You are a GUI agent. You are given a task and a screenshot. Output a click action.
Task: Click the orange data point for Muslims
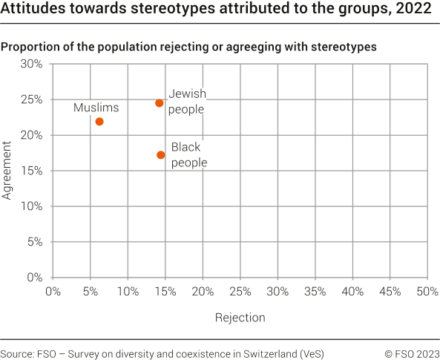(99, 122)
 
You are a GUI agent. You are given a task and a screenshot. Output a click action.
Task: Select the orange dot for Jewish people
(159, 103)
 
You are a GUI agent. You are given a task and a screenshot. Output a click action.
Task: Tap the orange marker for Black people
(161, 154)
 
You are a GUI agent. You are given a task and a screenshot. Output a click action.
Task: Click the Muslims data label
(96, 108)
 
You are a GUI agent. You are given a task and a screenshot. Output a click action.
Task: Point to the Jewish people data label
(187, 102)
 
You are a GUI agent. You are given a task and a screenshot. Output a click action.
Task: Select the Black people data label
(189, 154)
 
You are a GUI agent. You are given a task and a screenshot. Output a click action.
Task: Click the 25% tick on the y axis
(31, 99)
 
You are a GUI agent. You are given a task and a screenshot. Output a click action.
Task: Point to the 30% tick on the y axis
(31, 64)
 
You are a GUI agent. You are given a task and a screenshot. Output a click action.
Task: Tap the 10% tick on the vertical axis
(31, 206)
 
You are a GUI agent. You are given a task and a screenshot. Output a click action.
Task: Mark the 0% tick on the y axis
(35, 278)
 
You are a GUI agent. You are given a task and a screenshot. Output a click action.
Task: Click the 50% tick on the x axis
(427, 292)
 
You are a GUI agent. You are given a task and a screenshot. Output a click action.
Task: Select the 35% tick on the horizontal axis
(315, 292)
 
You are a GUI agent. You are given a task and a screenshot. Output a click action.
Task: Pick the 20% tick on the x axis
(203, 292)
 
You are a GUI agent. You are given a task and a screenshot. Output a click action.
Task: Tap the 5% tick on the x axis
(91, 292)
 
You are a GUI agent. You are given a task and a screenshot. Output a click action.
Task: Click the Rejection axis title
(240, 318)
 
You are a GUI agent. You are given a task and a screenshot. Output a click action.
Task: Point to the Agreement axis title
(6, 171)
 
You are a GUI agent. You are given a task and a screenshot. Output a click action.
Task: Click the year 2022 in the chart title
(413, 8)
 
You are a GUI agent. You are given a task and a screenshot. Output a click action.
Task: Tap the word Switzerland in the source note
(270, 354)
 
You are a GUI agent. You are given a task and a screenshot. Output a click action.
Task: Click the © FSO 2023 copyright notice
(412, 354)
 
